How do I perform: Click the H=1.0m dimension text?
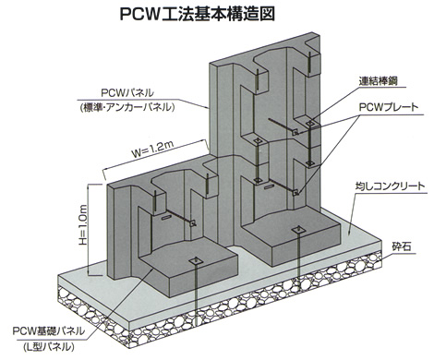pyautogui.click(x=83, y=227)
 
